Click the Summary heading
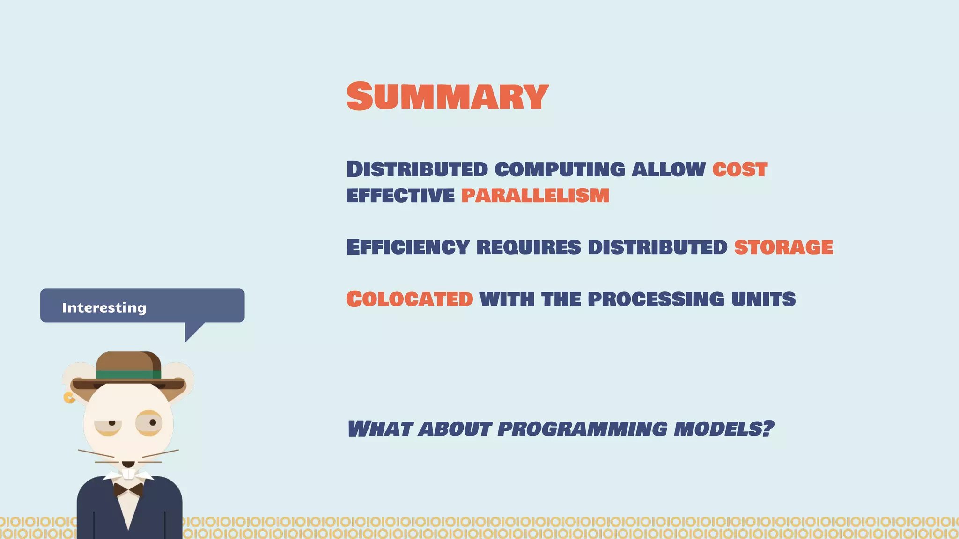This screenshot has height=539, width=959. pos(447,96)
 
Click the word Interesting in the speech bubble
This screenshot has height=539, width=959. pos(104,307)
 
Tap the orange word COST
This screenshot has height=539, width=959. pos(740,169)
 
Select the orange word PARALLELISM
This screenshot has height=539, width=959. pos(535,195)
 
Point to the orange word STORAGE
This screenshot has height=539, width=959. pos(783,247)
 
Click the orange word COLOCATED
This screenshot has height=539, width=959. pos(410,299)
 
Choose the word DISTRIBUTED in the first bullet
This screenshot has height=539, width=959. pos(417,169)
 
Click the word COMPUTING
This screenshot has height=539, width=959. pos(560,169)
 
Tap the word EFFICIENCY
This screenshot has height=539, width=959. pos(408,247)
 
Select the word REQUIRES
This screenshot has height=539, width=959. pos(529,247)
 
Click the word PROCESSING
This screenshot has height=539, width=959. pos(656,299)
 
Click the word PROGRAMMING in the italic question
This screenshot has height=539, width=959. pos(582,429)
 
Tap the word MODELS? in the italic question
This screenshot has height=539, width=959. pos(723,429)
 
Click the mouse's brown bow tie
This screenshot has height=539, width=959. pos(128,490)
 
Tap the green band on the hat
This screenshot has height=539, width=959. pos(128,374)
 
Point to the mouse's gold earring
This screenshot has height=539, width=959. pos(69,398)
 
